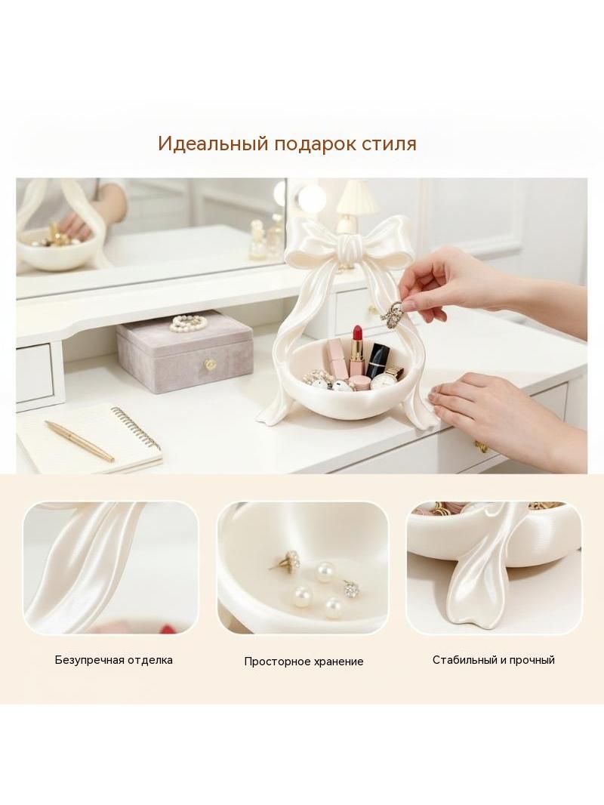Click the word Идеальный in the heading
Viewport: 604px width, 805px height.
point(213,143)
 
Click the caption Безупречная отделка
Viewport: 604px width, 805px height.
point(114,660)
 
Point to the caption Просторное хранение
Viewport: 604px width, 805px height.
point(304,662)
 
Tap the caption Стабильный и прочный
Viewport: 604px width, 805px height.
point(494,660)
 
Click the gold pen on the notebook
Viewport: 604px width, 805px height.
point(79,441)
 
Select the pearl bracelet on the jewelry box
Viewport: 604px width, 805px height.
point(188,322)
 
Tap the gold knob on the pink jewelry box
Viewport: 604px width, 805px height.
point(210,365)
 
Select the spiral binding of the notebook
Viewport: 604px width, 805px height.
point(137,427)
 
